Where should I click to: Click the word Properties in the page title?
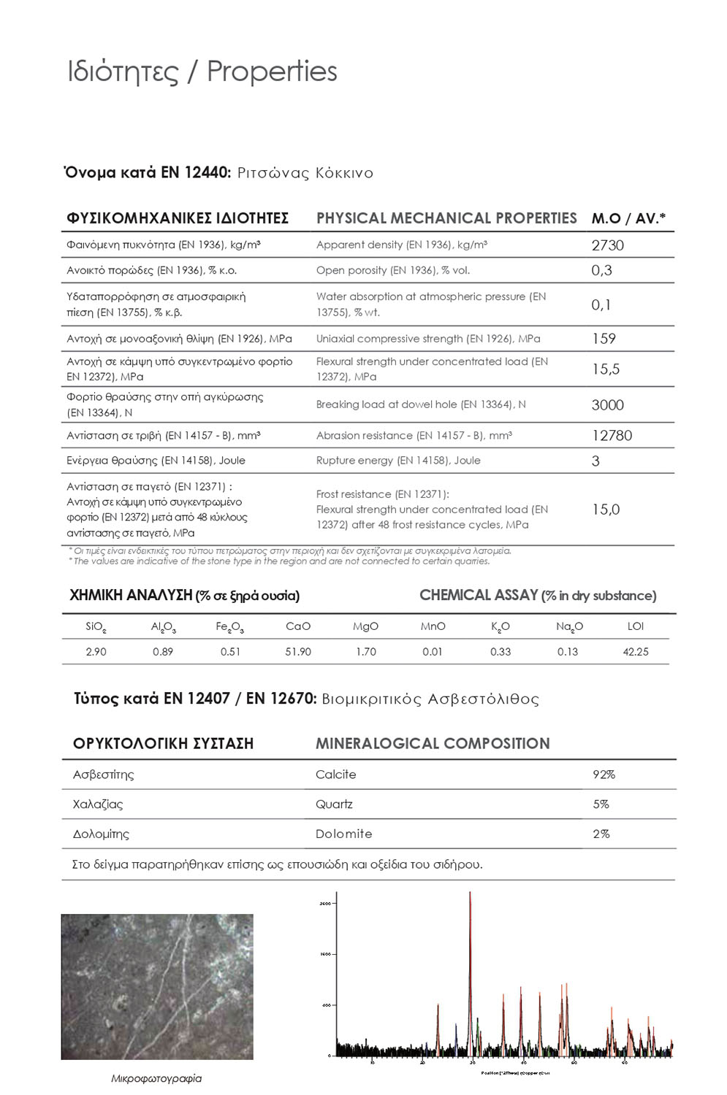272,72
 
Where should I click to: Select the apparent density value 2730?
607,245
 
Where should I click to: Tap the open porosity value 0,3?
601,270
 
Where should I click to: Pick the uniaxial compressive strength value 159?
604,339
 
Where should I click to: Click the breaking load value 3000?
607,405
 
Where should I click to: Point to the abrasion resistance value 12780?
612,436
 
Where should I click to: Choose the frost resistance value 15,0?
605,510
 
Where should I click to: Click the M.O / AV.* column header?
628,218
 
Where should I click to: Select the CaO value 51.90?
298,652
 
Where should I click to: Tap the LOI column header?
636,626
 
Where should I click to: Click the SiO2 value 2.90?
96,652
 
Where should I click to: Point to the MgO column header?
365,626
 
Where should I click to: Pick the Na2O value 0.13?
568,652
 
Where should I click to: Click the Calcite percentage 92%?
604,775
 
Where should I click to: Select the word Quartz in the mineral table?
334,804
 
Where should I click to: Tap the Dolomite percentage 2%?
601,834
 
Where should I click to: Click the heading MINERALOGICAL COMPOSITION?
433,744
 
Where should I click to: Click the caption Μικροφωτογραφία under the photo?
156,1078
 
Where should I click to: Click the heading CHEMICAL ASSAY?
479,596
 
